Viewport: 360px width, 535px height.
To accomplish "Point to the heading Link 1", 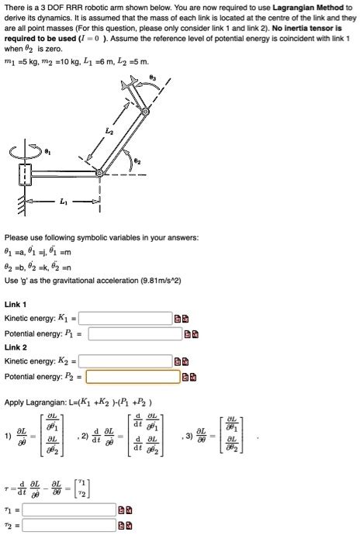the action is [x=16, y=303].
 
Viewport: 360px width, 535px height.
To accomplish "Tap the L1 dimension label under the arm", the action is [x=63, y=202].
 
